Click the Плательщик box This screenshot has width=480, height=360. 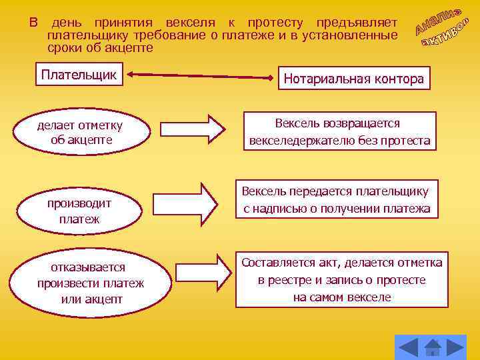(79, 75)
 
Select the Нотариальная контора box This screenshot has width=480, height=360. (354, 79)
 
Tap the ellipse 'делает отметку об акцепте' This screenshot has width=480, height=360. (81, 132)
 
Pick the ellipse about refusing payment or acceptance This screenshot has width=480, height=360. (91, 283)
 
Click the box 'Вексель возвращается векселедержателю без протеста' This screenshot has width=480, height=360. (339, 133)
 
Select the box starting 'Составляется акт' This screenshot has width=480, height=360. (342, 279)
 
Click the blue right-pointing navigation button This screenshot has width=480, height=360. (455, 347)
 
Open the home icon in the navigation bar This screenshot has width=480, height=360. (432, 347)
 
